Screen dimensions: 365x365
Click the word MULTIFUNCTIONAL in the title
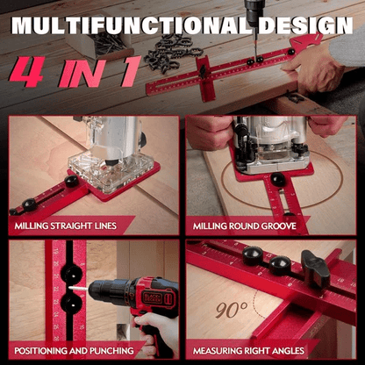tap(140, 24)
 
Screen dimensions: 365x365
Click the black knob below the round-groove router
tap(277, 179)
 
